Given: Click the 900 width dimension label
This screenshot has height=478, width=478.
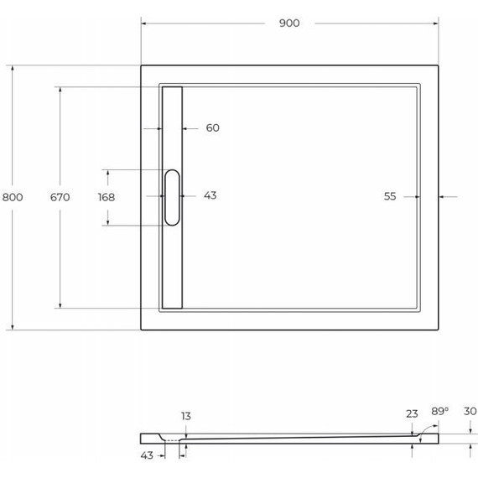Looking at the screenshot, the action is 289,23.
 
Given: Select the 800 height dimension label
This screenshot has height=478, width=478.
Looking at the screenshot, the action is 13,197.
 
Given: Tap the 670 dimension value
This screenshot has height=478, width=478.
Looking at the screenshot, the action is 60,197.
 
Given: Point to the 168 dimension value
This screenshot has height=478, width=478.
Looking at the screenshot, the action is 107,197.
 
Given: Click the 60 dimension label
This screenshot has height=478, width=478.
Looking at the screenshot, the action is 212,127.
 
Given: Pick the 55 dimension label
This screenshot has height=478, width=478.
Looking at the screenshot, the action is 390,196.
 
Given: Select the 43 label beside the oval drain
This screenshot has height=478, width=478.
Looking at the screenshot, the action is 210,195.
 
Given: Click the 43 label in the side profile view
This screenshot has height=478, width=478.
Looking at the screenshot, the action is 147,455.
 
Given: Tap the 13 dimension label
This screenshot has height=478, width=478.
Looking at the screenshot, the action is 186,416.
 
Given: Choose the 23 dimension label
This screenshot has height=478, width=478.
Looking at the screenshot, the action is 412,414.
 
